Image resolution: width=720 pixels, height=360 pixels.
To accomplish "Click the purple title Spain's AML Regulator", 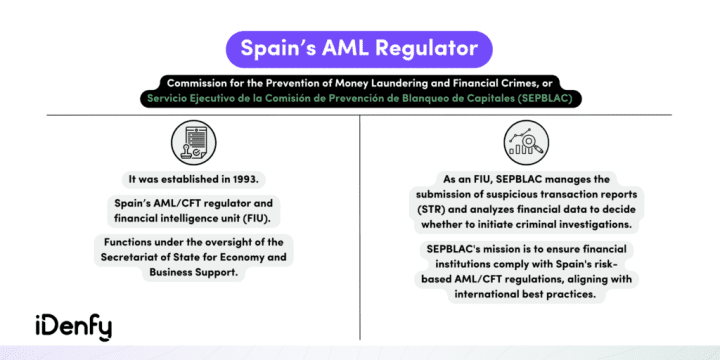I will (x=360, y=48).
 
